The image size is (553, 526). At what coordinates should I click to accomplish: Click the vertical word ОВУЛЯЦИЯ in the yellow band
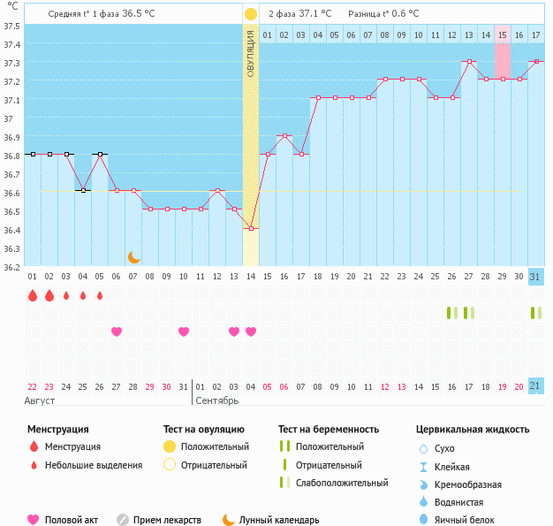click(x=251, y=53)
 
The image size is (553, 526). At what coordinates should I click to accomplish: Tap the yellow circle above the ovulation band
click(x=251, y=14)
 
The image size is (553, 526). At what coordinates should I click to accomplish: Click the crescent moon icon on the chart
click(x=134, y=256)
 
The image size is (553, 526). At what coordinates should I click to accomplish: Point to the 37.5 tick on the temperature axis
click(x=11, y=26)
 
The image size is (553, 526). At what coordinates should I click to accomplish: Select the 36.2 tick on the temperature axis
click(x=11, y=267)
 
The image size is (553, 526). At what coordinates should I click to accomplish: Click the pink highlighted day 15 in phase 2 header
click(x=502, y=34)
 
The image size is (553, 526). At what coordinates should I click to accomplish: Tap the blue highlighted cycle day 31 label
click(x=535, y=277)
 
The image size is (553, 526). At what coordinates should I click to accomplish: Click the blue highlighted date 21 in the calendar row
click(x=535, y=386)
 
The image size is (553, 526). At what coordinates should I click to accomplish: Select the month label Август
click(x=42, y=401)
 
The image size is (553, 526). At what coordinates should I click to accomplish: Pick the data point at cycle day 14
click(x=251, y=228)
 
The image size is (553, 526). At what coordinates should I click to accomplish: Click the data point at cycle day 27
click(x=468, y=62)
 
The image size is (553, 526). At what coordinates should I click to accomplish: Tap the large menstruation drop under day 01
click(x=33, y=295)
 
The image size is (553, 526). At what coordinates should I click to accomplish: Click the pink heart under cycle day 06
click(x=117, y=332)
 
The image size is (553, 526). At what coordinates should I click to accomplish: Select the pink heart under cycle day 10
click(x=184, y=332)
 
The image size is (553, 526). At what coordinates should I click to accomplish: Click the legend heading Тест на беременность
click(x=328, y=430)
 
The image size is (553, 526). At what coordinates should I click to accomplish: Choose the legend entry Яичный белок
click(x=471, y=520)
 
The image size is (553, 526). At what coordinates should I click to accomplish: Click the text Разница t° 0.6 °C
click(x=383, y=14)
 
